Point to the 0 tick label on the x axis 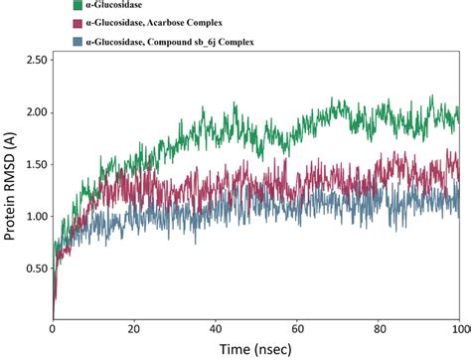point(53,327)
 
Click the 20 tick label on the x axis point(134,327)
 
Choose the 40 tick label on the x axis point(216,327)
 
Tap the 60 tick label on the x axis point(297,327)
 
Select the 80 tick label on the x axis point(379,327)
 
